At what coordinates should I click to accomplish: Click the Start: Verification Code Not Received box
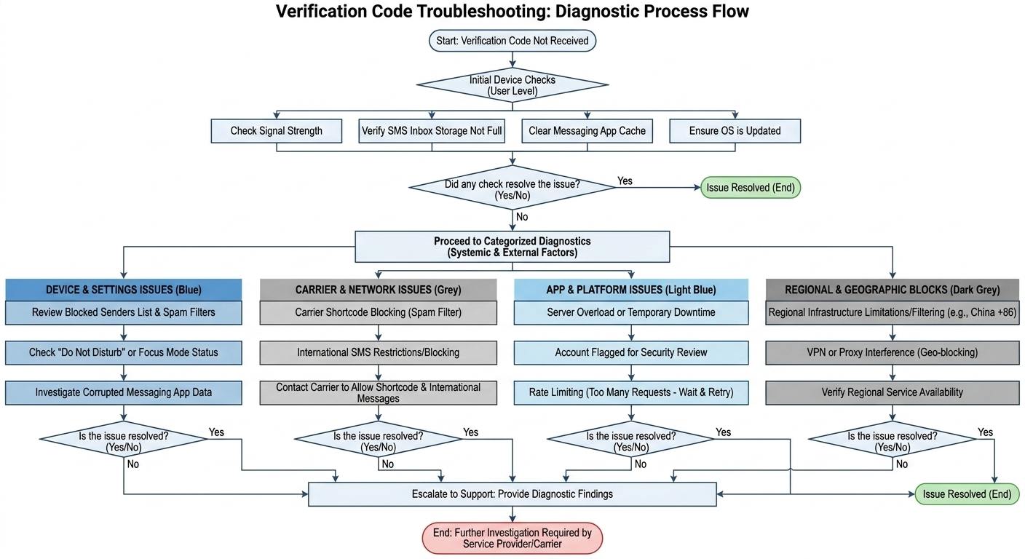click(x=512, y=41)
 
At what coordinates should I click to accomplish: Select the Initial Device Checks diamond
click(x=512, y=85)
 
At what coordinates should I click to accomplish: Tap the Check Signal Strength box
click(x=277, y=131)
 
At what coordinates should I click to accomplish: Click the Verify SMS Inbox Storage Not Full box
click(x=432, y=131)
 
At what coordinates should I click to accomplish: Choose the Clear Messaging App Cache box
click(x=587, y=131)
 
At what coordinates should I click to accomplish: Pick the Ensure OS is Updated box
click(x=735, y=131)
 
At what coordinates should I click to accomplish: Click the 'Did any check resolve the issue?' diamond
click(x=512, y=188)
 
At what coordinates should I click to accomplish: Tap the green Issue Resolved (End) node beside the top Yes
click(x=751, y=188)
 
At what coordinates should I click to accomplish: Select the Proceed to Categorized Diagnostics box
click(x=512, y=247)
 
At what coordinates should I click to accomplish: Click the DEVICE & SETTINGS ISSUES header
click(x=124, y=290)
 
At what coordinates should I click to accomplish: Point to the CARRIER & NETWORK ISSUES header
click(x=378, y=290)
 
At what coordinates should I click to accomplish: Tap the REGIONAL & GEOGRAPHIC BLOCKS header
click(x=893, y=290)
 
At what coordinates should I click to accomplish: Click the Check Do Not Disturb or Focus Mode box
click(x=124, y=352)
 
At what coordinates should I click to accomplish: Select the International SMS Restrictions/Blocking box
click(x=378, y=352)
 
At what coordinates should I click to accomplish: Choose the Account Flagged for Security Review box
click(x=631, y=352)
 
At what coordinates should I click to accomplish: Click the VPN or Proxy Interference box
click(x=893, y=352)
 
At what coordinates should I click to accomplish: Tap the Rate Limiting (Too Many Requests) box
click(x=631, y=392)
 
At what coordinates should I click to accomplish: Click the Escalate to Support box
click(x=512, y=494)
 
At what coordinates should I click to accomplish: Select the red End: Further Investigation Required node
click(x=512, y=538)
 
